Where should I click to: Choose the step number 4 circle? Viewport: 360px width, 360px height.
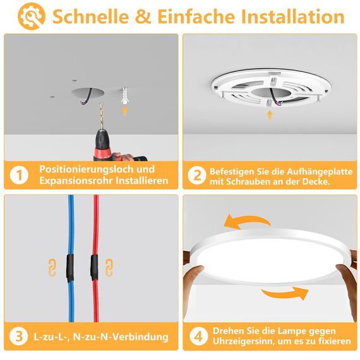tap(197, 336)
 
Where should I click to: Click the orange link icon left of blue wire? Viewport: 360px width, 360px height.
tap(52, 267)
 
